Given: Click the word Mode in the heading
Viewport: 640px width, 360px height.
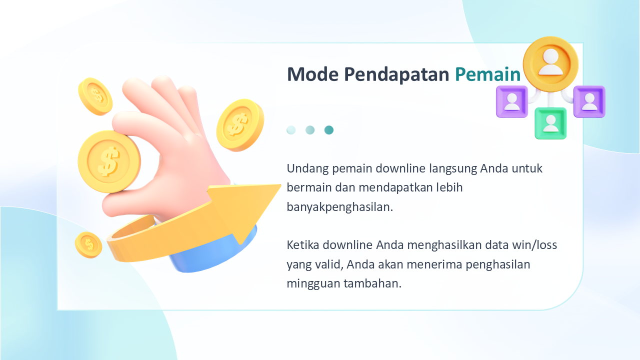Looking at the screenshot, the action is pos(313,74).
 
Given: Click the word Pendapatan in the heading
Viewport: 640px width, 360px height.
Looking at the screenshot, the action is pos(396,75).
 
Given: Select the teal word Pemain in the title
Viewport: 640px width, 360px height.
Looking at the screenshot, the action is pos(487,74).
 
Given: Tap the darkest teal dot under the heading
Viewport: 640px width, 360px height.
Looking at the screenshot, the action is pos(329,130).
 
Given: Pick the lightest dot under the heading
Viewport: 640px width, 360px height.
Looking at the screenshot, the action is pos(291,130).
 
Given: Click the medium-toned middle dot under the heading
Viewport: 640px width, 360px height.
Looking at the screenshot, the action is pos(310,130).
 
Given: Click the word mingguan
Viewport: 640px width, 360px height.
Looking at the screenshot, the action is pos(313,284).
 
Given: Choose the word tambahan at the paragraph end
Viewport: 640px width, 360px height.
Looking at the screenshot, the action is pos(372,283).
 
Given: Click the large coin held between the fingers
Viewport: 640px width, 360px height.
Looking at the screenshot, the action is pos(109,162).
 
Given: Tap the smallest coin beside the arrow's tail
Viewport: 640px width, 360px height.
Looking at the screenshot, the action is pos(88,245).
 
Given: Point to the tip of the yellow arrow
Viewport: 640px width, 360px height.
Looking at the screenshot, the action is pos(280,185).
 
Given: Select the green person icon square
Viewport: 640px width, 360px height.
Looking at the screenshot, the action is pos(550,123).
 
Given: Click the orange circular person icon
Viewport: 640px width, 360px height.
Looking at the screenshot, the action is pos(550,64).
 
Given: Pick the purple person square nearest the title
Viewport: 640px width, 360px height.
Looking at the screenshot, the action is pos(512,101).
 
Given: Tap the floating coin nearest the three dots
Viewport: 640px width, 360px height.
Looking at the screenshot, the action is pos(240,125).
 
